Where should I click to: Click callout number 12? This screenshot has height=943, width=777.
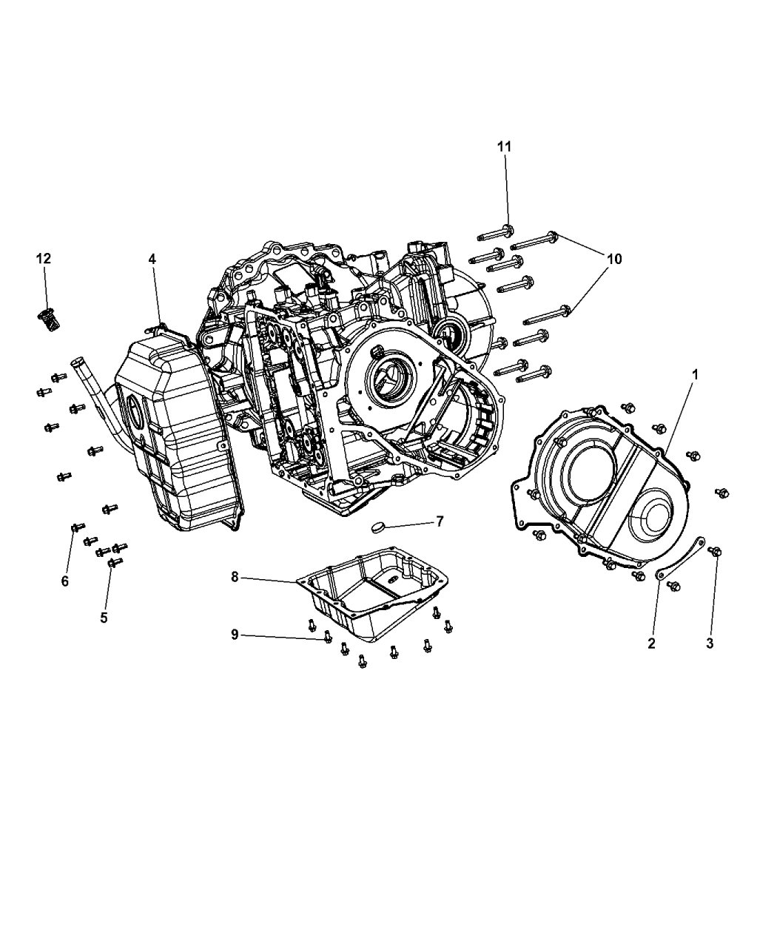pyautogui.click(x=44, y=258)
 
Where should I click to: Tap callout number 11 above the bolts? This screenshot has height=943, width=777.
pyautogui.click(x=504, y=146)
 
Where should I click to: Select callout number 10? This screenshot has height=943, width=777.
pyautogui.click(x=614, y=259)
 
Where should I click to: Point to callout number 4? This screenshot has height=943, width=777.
pyautogui.click(x=152, y=259)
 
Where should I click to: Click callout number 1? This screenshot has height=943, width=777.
pyautogui.click(x=696, y=374)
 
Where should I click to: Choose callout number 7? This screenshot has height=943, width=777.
pyautogui.click(x=440, y=521)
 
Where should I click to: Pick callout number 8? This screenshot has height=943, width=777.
pyautogui.click(x=235, y=577)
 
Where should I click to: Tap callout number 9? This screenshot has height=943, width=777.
pyautogui.click(x=235, y=635)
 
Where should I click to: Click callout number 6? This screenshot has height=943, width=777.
pyautogui.click(x=65, y=581)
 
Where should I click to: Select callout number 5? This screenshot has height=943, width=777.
pyautogui.click(x=104, y=618)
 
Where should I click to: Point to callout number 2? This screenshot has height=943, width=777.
pyautogui.click(x=651, y=643)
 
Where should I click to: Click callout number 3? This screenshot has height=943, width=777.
pyautogui.click(x=710, y=643)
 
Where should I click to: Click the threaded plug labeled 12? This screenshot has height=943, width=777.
pyautogui.click(x=50, y=321)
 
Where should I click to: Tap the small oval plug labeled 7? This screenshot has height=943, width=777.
pyautogui.click(x=378, y=527)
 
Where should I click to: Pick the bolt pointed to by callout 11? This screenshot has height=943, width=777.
pyautogui.click(x=496, y=234)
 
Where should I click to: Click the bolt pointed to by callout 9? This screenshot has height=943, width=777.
pyautogui.click(x=328, y=638)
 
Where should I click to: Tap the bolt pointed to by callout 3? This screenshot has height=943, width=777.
pyautogui.click(x=715, y=551)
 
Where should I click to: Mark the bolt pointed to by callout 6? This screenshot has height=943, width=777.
pyautogui.click(x=78, y=527)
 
